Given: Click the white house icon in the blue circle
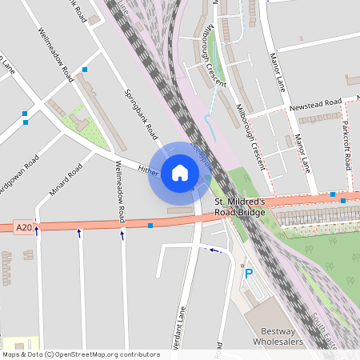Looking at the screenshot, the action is [180, 172].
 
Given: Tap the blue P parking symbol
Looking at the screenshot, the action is [249, 274].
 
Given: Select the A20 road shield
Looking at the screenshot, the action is [25, 228].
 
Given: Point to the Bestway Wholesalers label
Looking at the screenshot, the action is [274, 336].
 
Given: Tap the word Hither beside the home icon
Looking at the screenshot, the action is [150, 169].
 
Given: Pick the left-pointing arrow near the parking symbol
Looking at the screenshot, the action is [212, 250].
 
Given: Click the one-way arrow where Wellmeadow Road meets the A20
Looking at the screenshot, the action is [122, 234].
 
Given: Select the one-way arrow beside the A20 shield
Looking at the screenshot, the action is [36, 231].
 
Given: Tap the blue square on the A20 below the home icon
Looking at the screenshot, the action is [150, 226].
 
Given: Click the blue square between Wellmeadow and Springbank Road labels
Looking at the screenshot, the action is [85, 70].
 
